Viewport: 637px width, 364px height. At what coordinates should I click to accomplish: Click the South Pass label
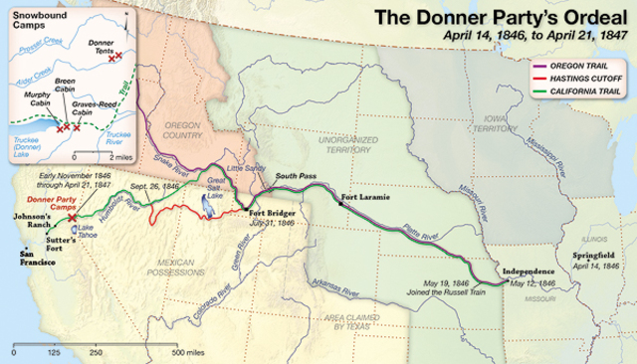[x=297, y=176]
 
